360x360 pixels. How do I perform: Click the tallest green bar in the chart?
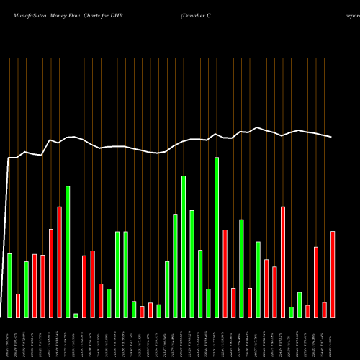[217, 238]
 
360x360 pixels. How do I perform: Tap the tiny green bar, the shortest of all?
[76, 315]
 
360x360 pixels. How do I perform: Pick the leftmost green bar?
[9, 285]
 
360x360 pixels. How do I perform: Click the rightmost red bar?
[333, 274]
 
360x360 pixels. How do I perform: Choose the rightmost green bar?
[300, 305]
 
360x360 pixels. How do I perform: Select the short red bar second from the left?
[18, 305]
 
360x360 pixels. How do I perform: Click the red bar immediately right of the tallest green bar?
[225, 274]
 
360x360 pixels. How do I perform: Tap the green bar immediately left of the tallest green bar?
[208, 303]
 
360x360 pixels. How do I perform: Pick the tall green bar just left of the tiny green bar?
[68, 251]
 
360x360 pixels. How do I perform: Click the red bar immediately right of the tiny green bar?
[84, 287]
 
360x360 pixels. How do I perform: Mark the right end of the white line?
[332, 137]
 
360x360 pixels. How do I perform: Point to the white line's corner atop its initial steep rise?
[9, 158]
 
